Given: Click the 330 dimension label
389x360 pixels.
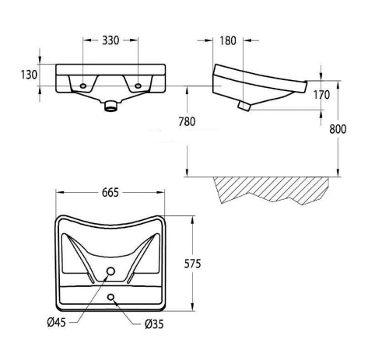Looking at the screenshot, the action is [110, 40].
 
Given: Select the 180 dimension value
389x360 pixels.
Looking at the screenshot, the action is [228, 40].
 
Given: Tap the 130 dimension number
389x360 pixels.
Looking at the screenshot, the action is [29, 75].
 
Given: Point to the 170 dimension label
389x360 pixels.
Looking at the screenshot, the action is [321, 95].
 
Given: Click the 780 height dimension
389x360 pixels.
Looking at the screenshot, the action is [187, 121].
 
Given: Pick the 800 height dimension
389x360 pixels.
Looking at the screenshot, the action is [338, 129].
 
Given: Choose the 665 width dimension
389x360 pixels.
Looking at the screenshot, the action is [110, 193].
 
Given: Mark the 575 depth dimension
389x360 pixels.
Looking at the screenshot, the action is [192, 264].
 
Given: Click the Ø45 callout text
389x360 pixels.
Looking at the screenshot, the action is [57, 323].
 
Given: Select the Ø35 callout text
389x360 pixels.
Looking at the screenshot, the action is [154, 324].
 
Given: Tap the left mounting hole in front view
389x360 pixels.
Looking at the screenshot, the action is [83, 86].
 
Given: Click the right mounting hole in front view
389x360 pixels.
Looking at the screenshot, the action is [138, 86].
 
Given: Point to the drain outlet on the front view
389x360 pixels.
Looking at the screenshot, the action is [111, 106].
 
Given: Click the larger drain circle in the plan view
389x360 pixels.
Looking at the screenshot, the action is [110, 271].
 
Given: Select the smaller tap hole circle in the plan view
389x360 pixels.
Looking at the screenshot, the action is [111, 297].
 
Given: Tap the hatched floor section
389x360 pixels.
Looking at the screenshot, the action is [271, 188].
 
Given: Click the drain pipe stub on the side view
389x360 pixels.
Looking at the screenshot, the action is [244, 106].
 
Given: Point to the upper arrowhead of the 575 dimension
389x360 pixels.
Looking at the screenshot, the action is [192, 220].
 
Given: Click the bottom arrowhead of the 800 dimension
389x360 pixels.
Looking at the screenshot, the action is [338, 173].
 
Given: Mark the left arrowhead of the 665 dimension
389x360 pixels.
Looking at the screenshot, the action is [60, 192].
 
